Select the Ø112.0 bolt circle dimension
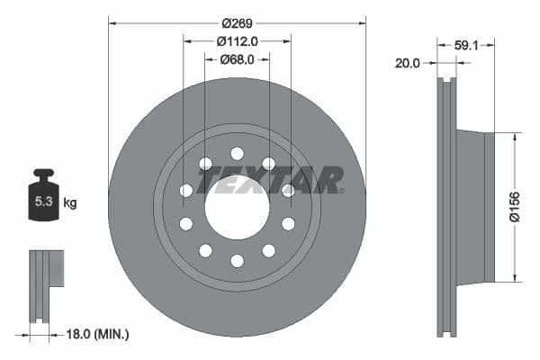coord(237,40)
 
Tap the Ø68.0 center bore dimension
coord(237,59)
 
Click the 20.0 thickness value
coord(408,63)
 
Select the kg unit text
coord(70,202)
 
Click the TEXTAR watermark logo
coord(270,180)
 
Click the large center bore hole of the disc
coord(237,211)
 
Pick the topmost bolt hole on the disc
coord(237,153)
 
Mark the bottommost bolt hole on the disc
coord(237,261)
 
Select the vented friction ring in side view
coord(447,207)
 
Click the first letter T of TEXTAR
coord(211,180)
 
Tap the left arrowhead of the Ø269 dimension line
coord(112,19)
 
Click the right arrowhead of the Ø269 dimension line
coord(363,19)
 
